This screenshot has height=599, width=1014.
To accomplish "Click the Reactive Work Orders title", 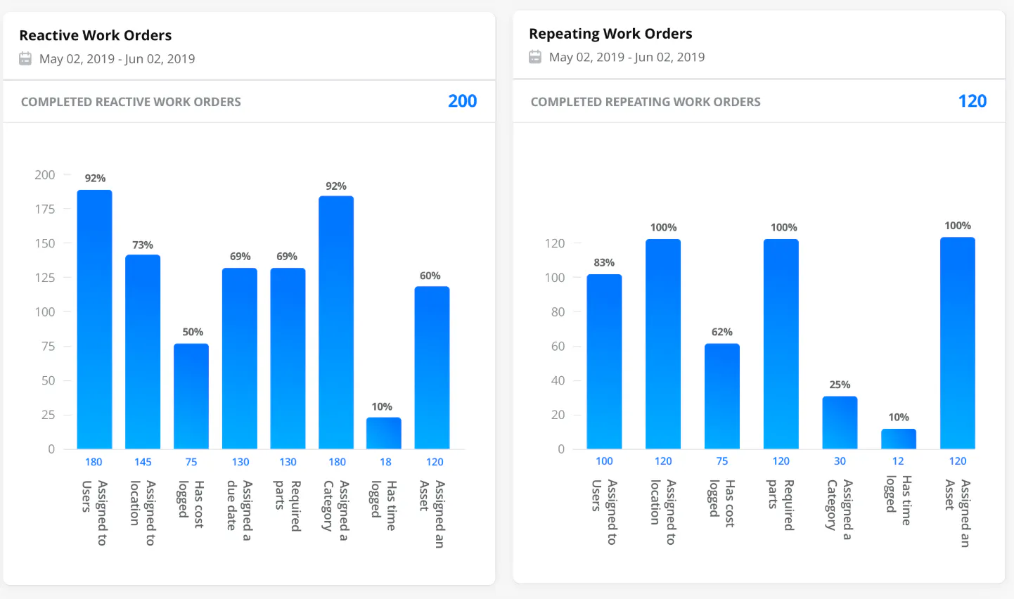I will [95, 35].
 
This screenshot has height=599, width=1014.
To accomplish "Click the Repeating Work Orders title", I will [610, 34].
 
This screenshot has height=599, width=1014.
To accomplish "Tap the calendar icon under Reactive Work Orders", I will [25, 59].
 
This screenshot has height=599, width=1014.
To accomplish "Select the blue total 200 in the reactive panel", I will [462, 101].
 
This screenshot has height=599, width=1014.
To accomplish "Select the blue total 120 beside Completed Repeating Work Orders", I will [972, 101].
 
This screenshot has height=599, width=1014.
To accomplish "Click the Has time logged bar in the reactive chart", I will [384, 433].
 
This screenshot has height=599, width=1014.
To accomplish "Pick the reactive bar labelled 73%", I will [143, 352].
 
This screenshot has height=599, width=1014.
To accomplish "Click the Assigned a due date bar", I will [240, 359].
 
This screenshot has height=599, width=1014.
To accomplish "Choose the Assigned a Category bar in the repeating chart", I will [840, 423].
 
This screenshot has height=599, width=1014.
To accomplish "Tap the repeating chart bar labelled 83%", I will [604, 361].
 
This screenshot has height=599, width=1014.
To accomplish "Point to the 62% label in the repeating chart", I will [721, 332].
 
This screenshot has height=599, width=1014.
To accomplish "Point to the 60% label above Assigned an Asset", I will [430, 276].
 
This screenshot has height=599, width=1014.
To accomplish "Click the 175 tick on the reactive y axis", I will [45, 209].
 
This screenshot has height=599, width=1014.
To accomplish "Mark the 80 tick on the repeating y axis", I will [558, 311].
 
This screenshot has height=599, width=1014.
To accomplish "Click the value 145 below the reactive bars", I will [143, 462].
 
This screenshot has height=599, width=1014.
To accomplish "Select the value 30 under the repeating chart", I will [840, 461].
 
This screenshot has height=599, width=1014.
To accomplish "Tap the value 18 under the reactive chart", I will [385, 462].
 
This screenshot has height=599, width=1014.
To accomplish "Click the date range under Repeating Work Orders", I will [627, 57].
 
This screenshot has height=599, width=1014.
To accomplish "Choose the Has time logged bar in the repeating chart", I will [899, 439].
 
